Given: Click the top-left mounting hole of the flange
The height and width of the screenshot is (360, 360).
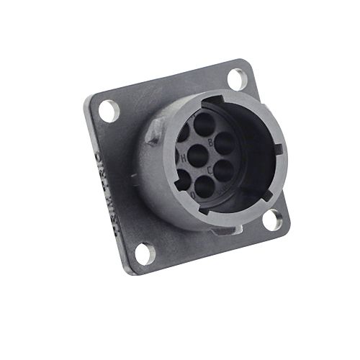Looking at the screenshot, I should [x=108, y=110].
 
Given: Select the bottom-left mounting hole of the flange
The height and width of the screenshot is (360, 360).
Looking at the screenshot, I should [x=142, y=253].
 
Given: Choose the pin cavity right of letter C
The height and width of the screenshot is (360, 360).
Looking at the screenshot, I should [x=222, y=170].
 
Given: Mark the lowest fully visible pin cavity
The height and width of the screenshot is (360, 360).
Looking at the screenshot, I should [x=205, y=188].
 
